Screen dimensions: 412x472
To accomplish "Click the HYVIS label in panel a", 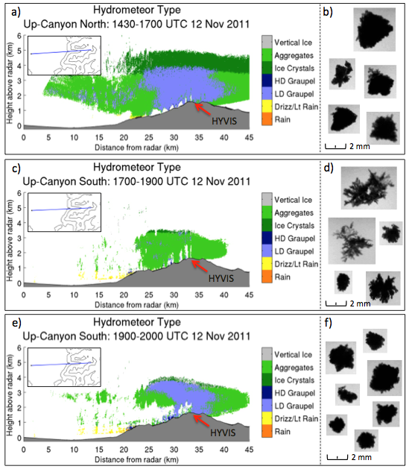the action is point(224,121).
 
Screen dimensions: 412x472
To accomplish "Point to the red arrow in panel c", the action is point(200,266).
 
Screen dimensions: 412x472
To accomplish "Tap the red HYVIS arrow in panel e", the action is point(201,421).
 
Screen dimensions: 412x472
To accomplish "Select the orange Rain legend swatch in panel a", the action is point(267,119).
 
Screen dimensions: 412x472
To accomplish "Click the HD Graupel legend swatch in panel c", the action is point(267,238).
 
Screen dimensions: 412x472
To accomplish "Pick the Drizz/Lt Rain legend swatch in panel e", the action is point(267,418).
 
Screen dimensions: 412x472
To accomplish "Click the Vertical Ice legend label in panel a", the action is point(294,43).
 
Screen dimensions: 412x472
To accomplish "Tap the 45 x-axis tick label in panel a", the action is point(249,137).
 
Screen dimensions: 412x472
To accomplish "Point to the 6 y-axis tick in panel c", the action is point(19,194).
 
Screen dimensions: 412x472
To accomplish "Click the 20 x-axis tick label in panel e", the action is point(124,450).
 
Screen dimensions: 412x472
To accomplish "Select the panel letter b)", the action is point(328,12).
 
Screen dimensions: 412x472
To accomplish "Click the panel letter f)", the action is point(329,322).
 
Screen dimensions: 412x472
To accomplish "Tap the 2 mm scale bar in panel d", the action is point(336,303).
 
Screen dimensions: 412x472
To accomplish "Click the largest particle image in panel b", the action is point(375,30).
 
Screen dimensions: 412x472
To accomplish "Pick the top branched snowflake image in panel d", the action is point(369,188).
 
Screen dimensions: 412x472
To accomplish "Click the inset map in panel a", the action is point(64,55).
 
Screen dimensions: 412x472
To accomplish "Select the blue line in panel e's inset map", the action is point(61,364).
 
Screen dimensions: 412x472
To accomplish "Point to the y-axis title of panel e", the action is point(10,394).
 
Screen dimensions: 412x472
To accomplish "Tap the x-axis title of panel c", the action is point(136,305).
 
